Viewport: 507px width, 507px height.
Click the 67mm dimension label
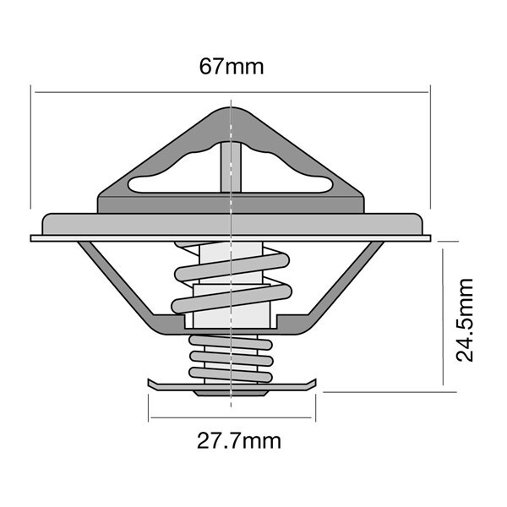coord(232,67)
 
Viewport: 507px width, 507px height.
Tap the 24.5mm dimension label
coord(464,319)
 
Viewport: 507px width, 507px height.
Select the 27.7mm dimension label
coord(239,440)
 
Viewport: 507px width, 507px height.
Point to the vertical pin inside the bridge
coord(231,167)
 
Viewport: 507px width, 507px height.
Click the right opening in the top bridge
coord(286,172)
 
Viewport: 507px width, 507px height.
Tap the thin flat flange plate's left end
coord(31,238)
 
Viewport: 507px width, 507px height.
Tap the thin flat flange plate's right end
coord(430,238)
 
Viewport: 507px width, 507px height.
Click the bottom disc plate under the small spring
coord(232,384)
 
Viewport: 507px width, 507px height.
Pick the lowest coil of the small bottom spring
coord(231,374)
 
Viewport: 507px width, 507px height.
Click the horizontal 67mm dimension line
coord(232,92)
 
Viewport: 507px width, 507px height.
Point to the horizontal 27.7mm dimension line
coord(232,417)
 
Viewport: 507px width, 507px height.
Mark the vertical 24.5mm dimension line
coord(443,317)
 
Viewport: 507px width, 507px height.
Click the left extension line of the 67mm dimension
coord(31,147)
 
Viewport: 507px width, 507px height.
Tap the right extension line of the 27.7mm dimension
coord(315,408)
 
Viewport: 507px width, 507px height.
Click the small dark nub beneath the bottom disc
coord(231,394)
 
